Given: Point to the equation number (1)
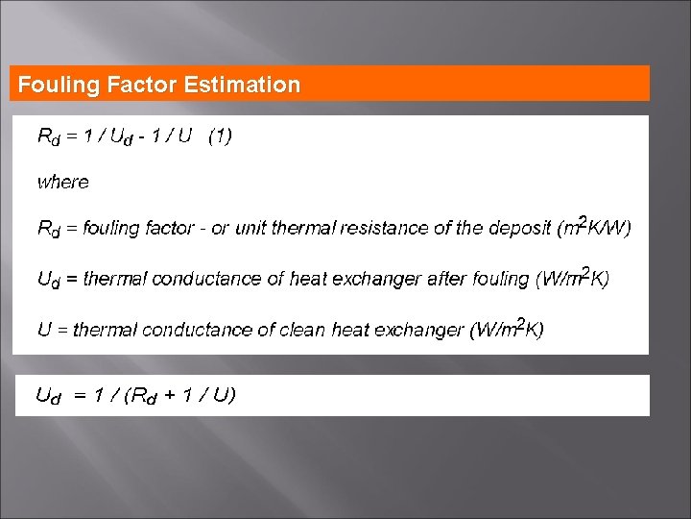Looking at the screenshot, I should pos(220,136).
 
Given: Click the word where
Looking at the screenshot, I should pos(63,182).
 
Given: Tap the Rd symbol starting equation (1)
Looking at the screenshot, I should pos(48,137).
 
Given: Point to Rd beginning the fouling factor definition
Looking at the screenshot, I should pos(48,229).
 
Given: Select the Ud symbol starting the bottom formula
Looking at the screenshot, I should pos(48,395).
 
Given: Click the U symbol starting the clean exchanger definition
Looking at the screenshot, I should pos(44,330).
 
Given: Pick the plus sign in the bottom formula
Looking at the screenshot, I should pos(171,394).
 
